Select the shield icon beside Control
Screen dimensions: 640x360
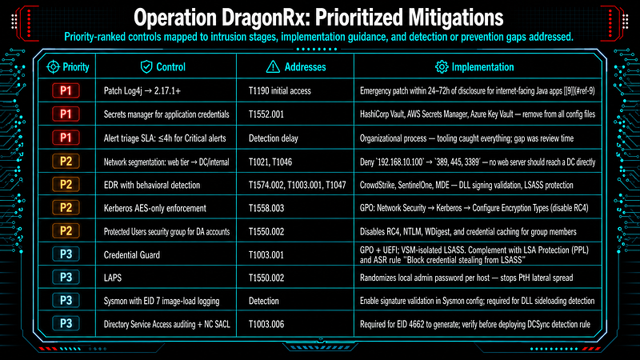pos(146,67)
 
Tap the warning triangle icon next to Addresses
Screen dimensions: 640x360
pos(273,67)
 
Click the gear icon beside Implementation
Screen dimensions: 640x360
pos(442,67)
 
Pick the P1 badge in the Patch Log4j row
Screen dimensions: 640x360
pos(66,90)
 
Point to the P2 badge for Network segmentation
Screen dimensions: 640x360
pos(66,162)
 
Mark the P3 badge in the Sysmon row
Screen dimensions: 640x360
pos(66,301)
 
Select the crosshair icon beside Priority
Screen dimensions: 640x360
pos(53,67)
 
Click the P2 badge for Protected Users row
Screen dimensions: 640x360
pos(66,231)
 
